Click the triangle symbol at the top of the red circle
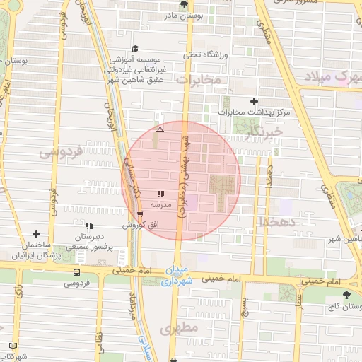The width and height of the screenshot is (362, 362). (x=160, y=130)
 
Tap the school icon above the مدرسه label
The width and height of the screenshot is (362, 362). (x=160, y=192)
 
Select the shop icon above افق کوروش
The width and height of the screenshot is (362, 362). (x=140, y=214)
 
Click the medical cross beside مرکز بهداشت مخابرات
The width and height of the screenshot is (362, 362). (x=255, y=101)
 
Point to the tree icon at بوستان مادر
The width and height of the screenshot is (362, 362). (x=185, y=5)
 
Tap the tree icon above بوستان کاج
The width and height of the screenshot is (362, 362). (x=346, y=296)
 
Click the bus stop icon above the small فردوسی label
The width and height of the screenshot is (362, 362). (x=76, y=272)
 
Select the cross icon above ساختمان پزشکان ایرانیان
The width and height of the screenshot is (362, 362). (x=36, y=234)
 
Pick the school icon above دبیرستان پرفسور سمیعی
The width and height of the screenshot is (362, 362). (x=89, y=226)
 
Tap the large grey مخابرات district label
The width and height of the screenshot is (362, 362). (x=198, y=81)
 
